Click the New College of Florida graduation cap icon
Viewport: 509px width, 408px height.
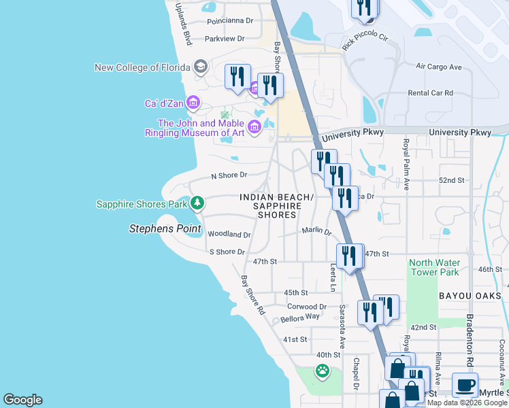pos(200,67)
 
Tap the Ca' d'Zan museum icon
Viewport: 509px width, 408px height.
pos(193,103)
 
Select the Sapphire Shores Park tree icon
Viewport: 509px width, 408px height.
pos(197,203)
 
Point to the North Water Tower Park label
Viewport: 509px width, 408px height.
pos(434,267)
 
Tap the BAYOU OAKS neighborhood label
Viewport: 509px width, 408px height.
pos(470,296)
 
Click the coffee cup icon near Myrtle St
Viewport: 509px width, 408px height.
pos(465,385)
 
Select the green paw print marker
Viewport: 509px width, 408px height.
pos(321,371)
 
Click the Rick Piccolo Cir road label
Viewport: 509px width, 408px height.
pos(365,43)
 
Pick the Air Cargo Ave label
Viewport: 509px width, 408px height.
pos(439,67)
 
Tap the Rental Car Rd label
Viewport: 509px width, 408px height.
pos(430,92)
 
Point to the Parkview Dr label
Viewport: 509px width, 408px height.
pos(228,39)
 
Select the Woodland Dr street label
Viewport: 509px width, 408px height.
pos(229,234)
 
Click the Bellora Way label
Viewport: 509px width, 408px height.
pos(299,318)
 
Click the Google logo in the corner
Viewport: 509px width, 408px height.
pos(22,400)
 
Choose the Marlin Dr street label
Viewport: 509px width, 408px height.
pos(316,231)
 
